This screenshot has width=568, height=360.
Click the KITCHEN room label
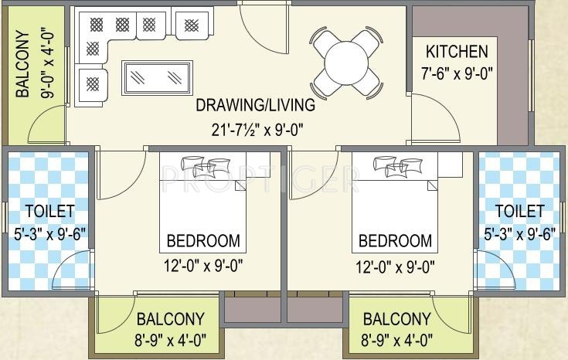457,52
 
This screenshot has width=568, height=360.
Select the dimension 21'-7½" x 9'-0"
255,129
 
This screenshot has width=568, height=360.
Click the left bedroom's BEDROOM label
203,240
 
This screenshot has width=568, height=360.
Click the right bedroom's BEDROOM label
395,240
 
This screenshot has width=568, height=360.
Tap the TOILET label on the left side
49,211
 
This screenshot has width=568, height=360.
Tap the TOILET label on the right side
519,211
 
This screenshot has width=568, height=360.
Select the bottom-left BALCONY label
170,319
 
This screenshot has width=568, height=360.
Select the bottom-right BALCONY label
396,319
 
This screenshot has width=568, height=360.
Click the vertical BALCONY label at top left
23,65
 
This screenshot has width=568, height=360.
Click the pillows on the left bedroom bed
202,164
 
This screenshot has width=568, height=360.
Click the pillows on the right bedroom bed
395,164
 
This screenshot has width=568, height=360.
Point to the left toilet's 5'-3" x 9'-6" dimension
49,233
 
